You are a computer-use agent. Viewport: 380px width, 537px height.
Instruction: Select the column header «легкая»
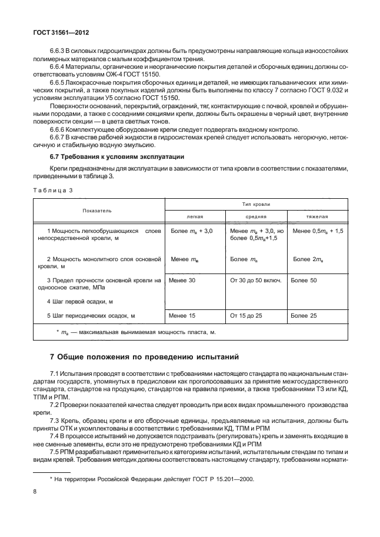click(x=194, y=216)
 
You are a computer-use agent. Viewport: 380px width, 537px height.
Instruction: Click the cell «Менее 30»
click(x=182, y=281)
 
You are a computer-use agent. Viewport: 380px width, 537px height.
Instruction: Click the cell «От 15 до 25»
click(x=246, y=316)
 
